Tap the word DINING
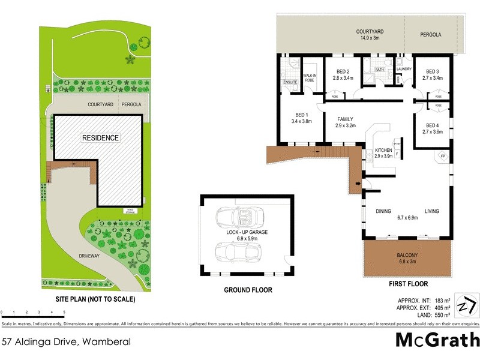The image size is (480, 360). pyautogui.click(x=383, y=211)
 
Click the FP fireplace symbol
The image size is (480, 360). pyautogui.click(x=443, y=157)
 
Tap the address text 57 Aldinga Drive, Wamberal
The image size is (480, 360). pyautogui.click(x=66, y=342)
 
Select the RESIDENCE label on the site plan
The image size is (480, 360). pyautogui.click(x=100, y=138)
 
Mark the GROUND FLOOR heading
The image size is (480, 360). pyautogui.click(x=248, y=290)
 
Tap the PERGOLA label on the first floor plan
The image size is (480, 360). pyautogui.click(x=430, y=35)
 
